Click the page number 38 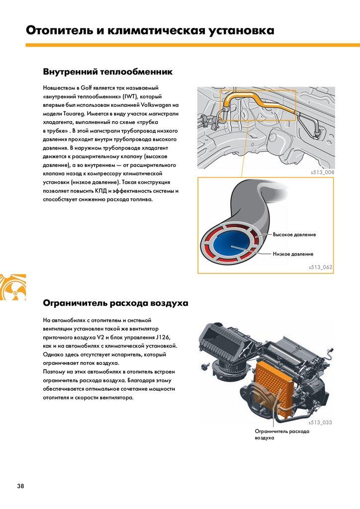[20, 486]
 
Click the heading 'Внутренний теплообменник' [108, 72]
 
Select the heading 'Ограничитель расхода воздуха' [115, 302]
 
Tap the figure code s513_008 [321, 172]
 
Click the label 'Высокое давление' [294, 234]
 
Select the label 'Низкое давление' [293, 254]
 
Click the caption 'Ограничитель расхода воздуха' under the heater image [282, 434]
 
